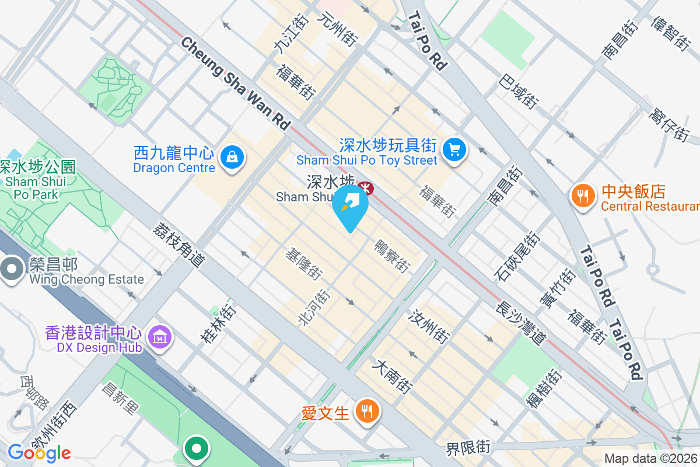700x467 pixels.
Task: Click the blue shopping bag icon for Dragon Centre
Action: coord(232,157)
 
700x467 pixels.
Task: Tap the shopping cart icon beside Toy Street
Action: coord(454,150)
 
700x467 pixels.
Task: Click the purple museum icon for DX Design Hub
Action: coord(159,337)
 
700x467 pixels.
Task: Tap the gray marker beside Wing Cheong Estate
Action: coord(11,269)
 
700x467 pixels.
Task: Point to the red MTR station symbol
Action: coord(366,187)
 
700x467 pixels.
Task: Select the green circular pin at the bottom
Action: coord(197,449)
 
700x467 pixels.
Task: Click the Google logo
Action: coord(39,452)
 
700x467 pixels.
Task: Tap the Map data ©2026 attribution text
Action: coord(650,459)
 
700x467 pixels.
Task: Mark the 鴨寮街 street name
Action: coord(392,255)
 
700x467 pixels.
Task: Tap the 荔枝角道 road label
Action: coord(180,245)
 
